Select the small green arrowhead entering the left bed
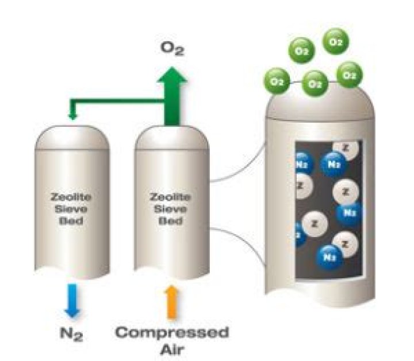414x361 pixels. coord(72,117)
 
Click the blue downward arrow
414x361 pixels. coord(72,300)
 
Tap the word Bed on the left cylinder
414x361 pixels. coord(71,219)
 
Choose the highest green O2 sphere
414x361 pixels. coord(337,41)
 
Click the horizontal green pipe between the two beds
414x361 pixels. coord(115,103)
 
